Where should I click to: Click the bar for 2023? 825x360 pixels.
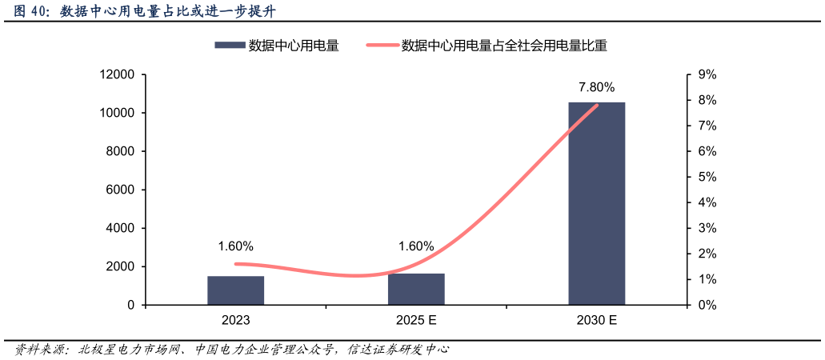pyautogui.click(x=235, y=290)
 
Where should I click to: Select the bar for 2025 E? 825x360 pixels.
pyautogui.click(x=416, y=289)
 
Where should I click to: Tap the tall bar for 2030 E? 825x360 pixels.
pyautogui.click(x=596, y=204)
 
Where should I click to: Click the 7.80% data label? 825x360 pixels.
pyautogui.click(x=596, y=87)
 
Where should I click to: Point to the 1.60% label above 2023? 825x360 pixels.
pyautogui.click(x=235, y=246)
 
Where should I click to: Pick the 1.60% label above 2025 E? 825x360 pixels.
pyautogui.click(x=416, y=246)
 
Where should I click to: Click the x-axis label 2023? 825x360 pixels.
pyautogui.click(x=235, y=321)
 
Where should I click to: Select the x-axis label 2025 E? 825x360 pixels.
pyautogui.click(x=416, y=321)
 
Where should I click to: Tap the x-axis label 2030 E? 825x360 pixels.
pyautogui.click(x=596, y=321)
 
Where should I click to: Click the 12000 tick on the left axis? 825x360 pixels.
pyautogui.click(x=116, y=74)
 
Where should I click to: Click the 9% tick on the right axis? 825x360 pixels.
pyautogui.click(x=707, y=74)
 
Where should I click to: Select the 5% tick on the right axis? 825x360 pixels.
pyautogui.click(x=707, y=177)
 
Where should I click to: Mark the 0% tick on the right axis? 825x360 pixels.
pyautogui.click(x=707, y=305)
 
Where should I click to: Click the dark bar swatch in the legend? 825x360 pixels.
pyautogui.click(x=228, y=46)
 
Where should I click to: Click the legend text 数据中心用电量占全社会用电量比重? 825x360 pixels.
pyautogui.click(x=504, y=46)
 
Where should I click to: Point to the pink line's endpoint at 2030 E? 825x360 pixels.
pyautogui.click(x=596, y=106)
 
